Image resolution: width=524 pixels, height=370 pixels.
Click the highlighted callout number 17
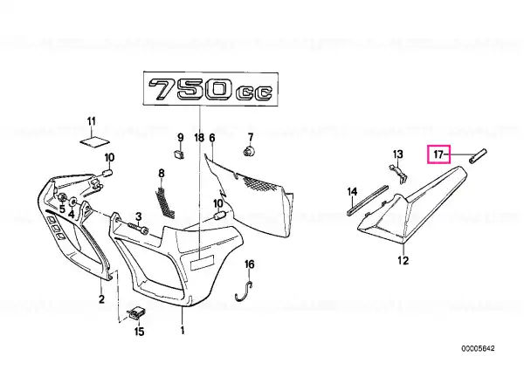click(438, 154)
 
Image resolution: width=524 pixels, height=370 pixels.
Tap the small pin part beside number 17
click(478, 156)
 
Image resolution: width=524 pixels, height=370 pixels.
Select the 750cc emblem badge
click(210, 88)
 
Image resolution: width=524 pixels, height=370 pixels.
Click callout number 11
click(92, 120)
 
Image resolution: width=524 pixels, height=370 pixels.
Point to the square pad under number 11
click(94, 141)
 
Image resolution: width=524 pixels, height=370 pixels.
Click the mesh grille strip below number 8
click(165, 203)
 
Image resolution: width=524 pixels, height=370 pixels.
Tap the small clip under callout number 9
click(179, 154)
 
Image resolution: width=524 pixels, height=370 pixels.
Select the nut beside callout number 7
click(249, 151)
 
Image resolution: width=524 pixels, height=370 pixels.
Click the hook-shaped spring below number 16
click(244, 291)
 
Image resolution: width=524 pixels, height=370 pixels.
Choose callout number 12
click(403, 260)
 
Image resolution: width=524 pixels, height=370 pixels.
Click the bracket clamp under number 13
click(399, 174)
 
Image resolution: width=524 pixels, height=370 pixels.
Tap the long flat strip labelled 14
click(368, 201)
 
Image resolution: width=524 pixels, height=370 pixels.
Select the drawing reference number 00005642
click(478, 349)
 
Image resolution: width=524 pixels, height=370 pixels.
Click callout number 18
click(199, 138)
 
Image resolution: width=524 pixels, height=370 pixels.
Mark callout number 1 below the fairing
click(183, 330)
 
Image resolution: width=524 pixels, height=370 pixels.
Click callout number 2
click(101, 298)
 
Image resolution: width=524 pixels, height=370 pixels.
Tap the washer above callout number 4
click(72, 202)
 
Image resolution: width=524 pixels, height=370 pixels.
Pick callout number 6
click(212, 138)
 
